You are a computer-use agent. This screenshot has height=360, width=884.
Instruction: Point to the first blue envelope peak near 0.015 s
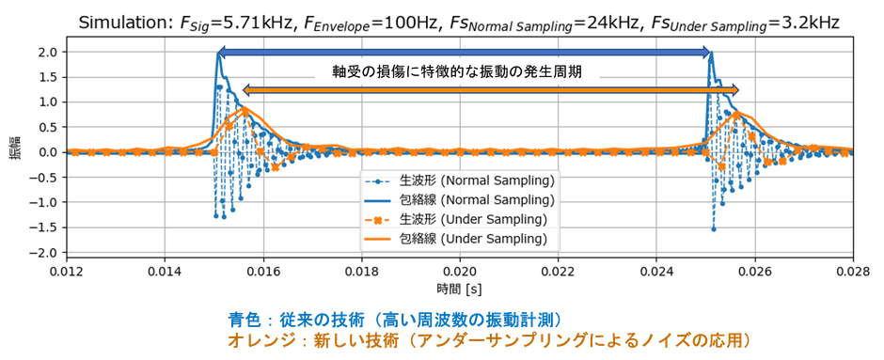[x=219, y=55]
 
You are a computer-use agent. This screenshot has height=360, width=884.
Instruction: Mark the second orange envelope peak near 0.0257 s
[x=737, y=114]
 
